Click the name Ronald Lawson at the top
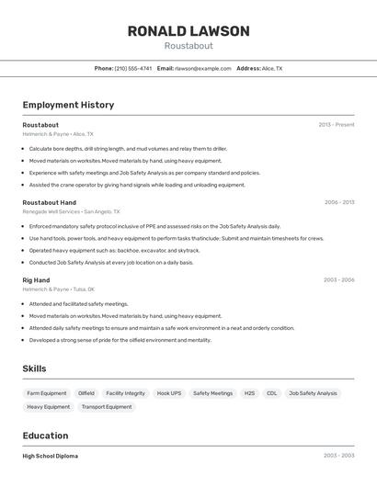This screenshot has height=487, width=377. coord(188,31)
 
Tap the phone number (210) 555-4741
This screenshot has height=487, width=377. coord(134,68)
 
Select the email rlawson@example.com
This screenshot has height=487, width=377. coord(202,68)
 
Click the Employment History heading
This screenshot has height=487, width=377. coord(68,105)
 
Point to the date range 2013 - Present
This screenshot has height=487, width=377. coord(337,125)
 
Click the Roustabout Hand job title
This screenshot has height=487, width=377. coord(49,202)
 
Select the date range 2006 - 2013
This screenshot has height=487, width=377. coord(339,202)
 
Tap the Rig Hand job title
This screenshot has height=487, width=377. coord(36,280)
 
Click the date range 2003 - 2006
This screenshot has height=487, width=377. coord(339,280)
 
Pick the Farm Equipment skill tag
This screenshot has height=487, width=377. coord(46,393)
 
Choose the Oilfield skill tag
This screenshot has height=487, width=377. coord(86,393)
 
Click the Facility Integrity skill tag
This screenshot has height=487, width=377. coord(126,393)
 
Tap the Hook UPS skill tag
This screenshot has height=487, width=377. coord(169,393)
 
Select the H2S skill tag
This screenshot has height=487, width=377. coord(249,393)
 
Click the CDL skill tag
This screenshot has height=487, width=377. coord(272,393)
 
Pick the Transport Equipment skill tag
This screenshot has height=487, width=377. coord(107,406)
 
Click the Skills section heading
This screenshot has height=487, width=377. coord(35,368)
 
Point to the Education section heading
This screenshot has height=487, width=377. coord(45,436)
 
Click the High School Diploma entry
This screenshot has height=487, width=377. coord(50,456)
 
